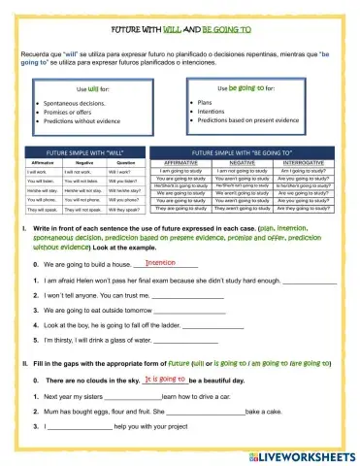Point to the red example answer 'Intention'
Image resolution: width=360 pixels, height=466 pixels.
[x=159, y=262]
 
